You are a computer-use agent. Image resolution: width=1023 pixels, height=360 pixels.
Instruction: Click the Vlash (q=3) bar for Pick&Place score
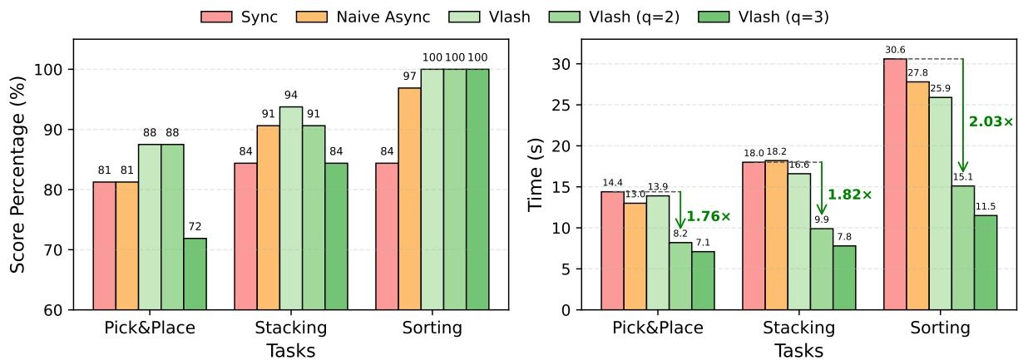pos(195,274)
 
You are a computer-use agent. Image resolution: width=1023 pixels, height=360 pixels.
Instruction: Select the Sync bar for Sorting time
pos(895,184)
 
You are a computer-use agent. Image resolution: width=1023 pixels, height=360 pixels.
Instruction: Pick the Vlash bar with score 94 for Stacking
pos(291,208)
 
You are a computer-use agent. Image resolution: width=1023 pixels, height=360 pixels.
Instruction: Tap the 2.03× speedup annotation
pos(991,121)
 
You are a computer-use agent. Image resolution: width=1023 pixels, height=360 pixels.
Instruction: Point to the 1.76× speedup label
pos(708,217)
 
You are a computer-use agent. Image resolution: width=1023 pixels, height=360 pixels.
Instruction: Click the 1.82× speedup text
pos(849,195)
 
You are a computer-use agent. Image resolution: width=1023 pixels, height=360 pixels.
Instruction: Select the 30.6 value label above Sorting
pos(895,51)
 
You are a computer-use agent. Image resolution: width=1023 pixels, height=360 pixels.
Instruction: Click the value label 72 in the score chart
pos(195,226)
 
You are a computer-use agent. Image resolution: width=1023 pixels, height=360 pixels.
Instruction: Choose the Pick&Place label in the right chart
pos(658,328)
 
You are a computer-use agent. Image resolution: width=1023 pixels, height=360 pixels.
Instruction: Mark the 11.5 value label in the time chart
pos(986,207)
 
